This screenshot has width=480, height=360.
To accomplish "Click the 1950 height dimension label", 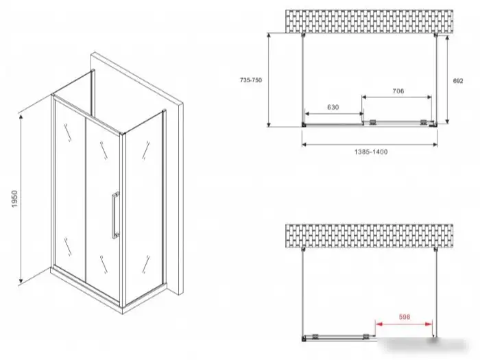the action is pyautogui.click(x=14, y=199).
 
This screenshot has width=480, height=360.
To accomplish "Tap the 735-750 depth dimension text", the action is pyautogui.click(x=251, y=80).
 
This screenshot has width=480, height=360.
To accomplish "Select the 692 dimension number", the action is pyautogui.click(x=458, y=81).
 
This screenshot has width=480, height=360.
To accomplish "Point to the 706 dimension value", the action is pyautogui.click(x=398, y=91).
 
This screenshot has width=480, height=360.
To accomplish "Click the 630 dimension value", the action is pyautogui.click(x=333, y=107).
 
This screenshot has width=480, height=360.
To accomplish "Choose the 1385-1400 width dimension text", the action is pyautogui.click(x=371, y=152).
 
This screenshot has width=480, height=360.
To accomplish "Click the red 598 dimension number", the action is pyautogui.click(x=405, y=317).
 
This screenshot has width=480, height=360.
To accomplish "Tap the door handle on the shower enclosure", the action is pyautogui.click(x=115, y=215).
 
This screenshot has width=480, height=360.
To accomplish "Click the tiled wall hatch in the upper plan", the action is pyautogui.click(x=369, y=21).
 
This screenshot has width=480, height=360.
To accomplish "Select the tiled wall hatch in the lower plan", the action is pyautogui.click(x=369, y=235).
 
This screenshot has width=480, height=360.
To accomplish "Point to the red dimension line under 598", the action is pyautogui.click(x=404, y=324).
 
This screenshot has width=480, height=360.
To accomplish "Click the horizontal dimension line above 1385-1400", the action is pyautogui.click(x=370, y=144).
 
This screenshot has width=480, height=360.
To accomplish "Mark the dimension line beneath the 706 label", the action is pyautogui.click(x=397, y=97).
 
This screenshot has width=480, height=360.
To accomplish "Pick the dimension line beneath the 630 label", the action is pyautogui.click(x=335, y=114).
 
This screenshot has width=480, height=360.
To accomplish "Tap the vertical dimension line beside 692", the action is pyautogui.click(x=448, y=80).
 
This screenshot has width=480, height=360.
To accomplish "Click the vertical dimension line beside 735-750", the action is pyautogui.click(x=269, y=80).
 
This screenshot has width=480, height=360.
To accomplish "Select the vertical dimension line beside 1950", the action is pyautogui.click(x=21, y=199).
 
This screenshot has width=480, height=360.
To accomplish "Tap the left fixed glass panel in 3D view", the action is pyautogui.click(x=70, y=190).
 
